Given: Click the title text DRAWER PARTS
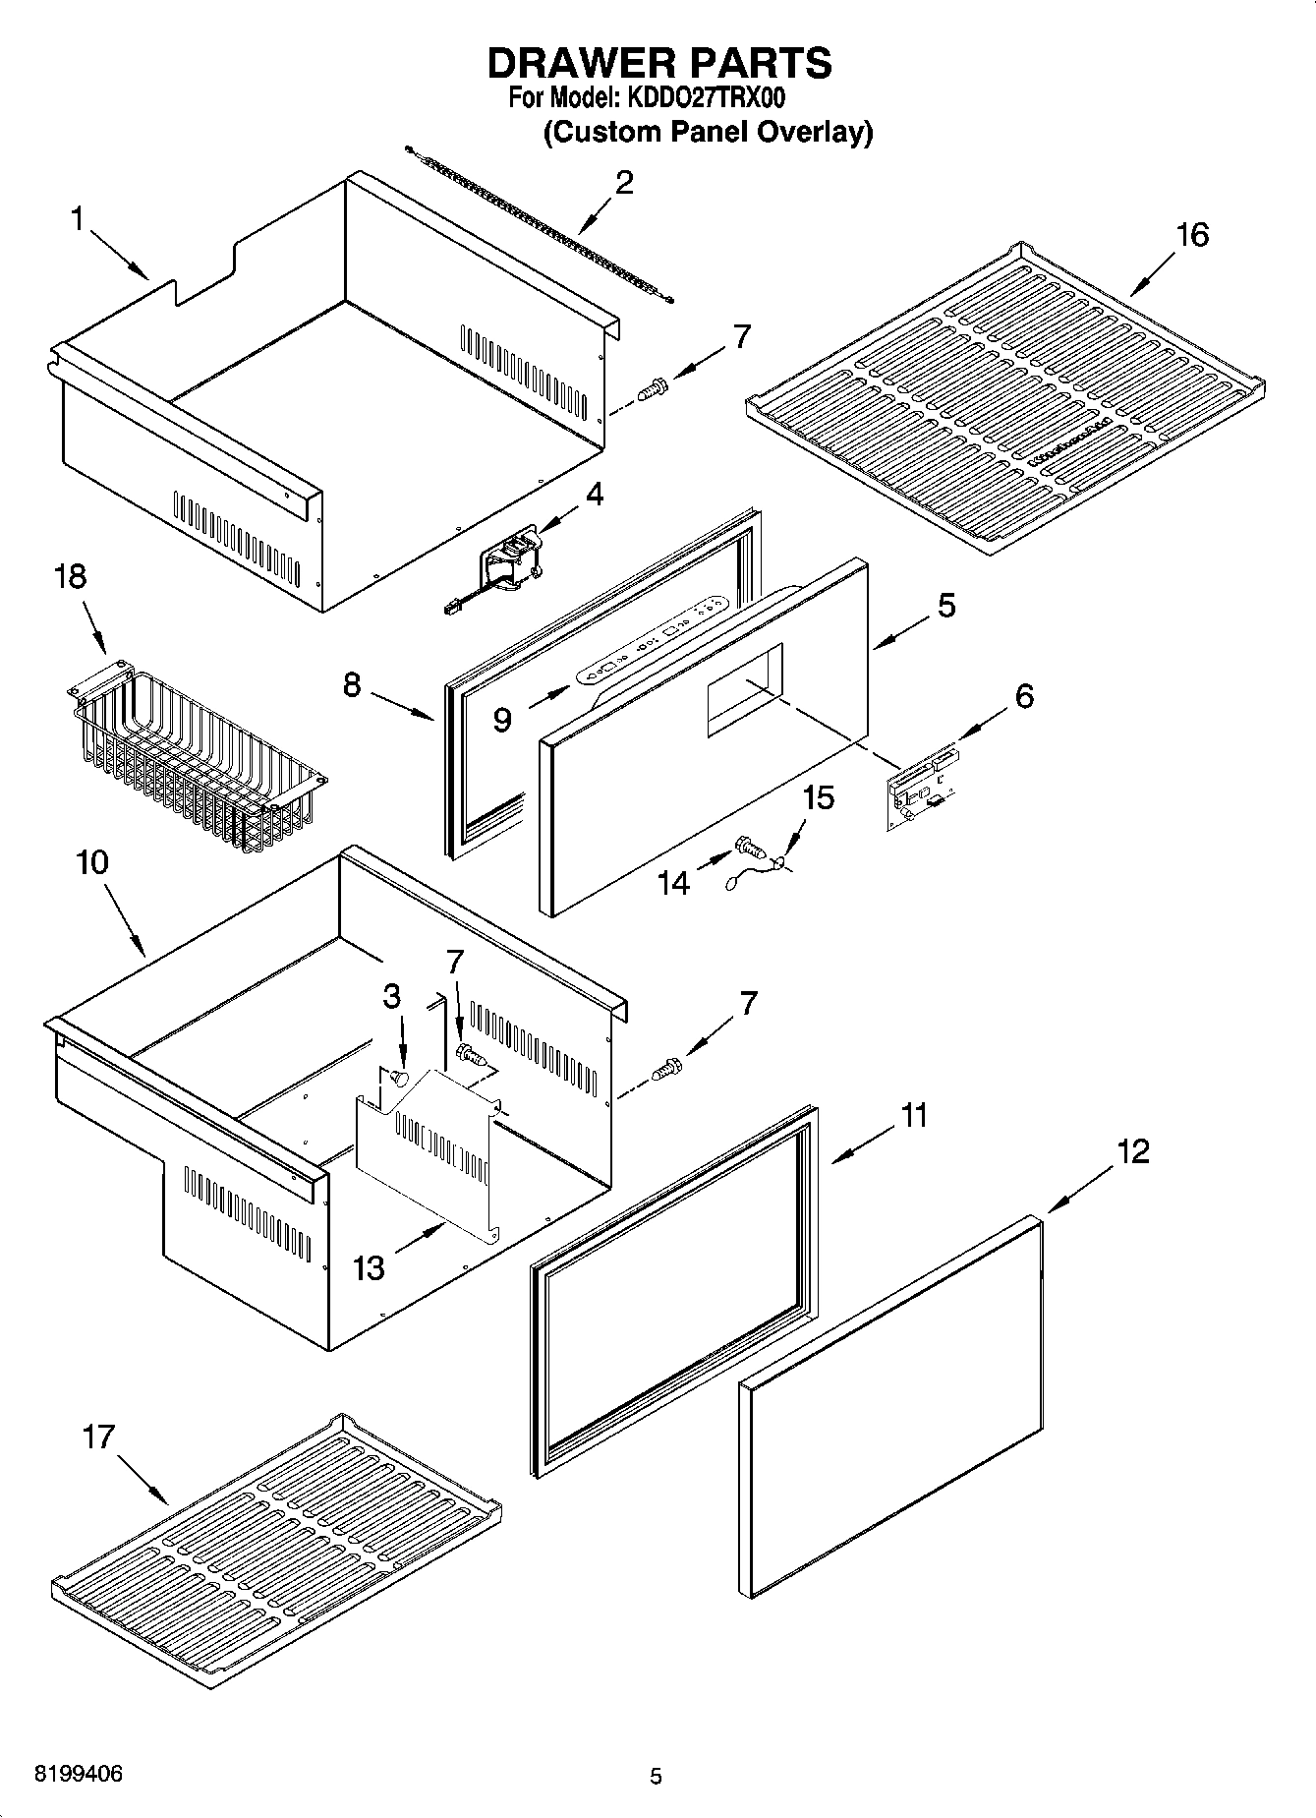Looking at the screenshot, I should click(659, 63).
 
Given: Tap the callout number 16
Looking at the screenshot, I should click(1191, 235).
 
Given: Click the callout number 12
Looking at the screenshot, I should click(1132, 1151).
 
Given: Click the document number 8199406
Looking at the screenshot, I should click(79, 1776).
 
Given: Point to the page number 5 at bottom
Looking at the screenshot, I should click(656, 1777).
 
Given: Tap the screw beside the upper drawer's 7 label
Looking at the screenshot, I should click(652, 389).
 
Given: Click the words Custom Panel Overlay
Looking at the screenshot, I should click(709, 132).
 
